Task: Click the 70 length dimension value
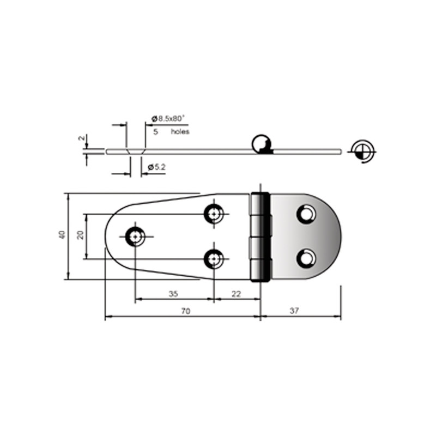pos(186,311)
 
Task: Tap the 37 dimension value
pos(294,311)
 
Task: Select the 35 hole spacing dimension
pos(173,294)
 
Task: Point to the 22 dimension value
pos(236,294)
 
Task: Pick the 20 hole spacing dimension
pos(80,235)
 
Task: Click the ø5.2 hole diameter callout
pos(157,167)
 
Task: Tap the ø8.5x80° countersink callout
pos(168,119)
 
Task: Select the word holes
pos(180,131)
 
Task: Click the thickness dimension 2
pos(81,138)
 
